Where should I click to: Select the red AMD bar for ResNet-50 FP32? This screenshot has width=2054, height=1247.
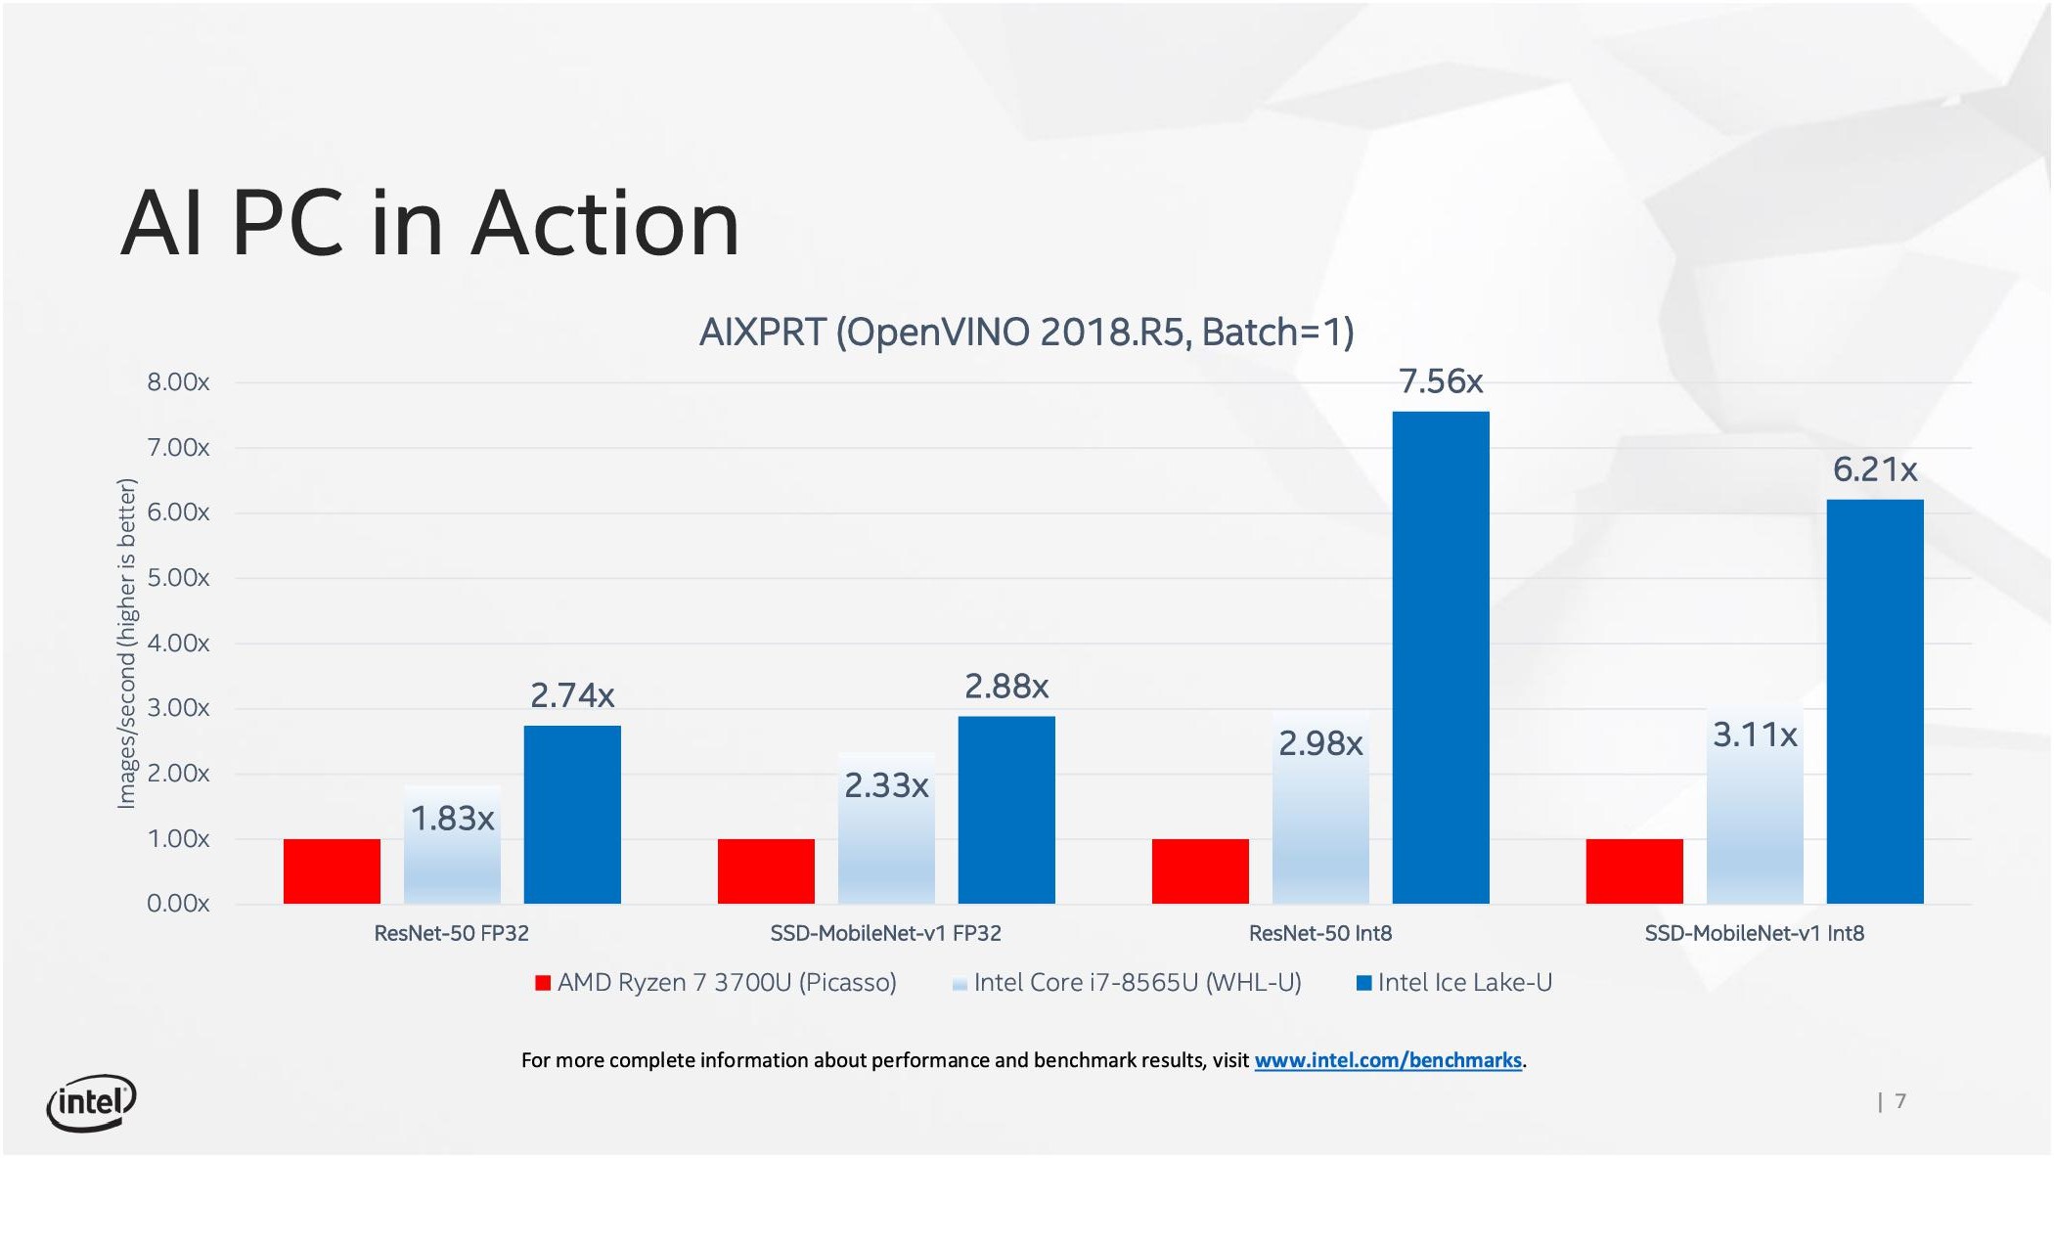point(332,870)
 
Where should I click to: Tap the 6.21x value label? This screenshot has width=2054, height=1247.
point(1874,469)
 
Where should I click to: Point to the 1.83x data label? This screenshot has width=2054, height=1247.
point(452,818)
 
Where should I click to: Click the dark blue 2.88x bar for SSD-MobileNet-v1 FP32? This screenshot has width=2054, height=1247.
point(1006,810)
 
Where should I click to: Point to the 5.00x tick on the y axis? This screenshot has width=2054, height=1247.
point(178,577)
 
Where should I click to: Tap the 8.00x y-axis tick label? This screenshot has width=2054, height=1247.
point(178,381)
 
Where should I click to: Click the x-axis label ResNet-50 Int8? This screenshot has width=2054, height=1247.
point(1319,933)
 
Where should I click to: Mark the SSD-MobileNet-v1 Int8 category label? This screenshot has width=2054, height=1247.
point(1754,933)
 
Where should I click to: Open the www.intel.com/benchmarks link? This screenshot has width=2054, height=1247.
point(1387,1060)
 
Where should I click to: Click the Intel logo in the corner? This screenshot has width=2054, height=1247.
point(91,1103)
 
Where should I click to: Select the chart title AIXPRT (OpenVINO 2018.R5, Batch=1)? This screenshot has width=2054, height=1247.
point(1026,333)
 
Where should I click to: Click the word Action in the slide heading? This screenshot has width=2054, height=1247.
point(605,224)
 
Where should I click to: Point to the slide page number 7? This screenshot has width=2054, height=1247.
point(1899,1101)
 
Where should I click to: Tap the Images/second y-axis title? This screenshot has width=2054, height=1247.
point(127,643)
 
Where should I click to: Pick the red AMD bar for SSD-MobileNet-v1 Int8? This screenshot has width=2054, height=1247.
point(1634,870)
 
